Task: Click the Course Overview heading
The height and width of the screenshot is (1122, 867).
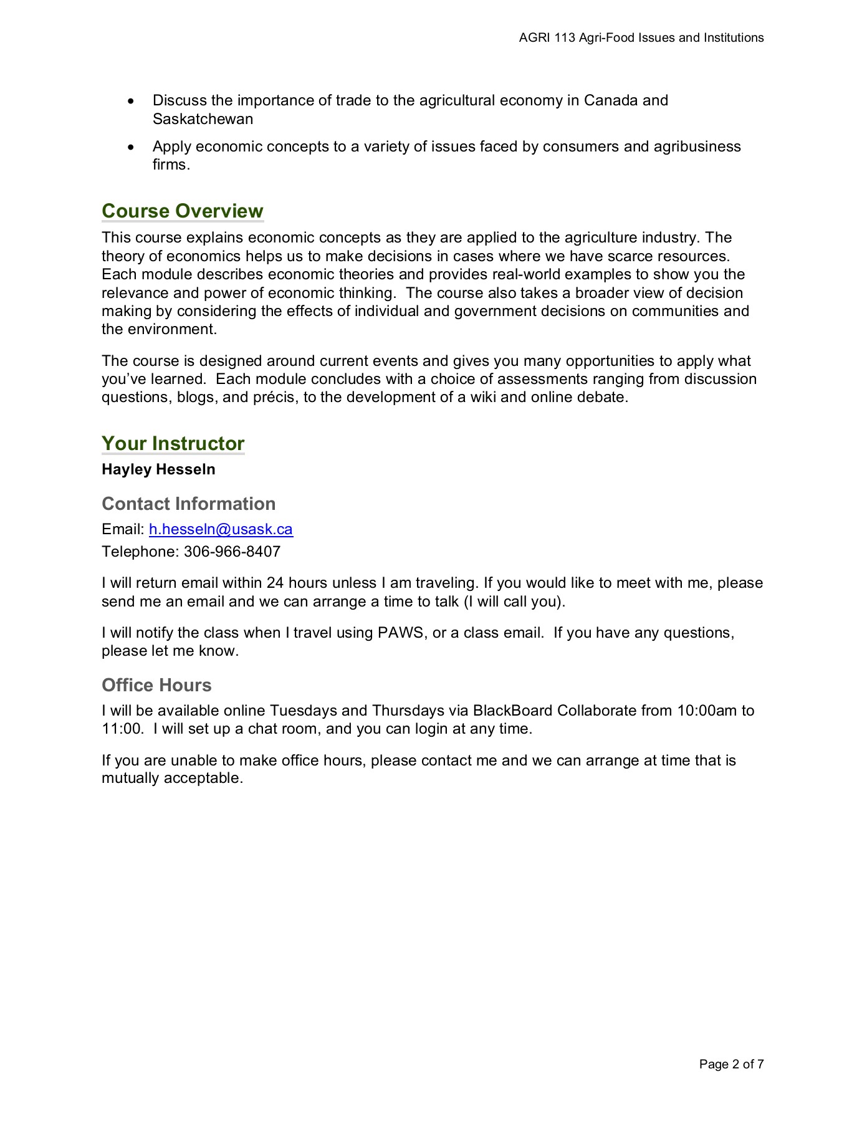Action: pos(182,211)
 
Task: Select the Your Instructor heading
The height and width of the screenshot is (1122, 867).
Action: pos(173,443)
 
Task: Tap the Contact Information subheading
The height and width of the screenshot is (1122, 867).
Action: pos(188,504)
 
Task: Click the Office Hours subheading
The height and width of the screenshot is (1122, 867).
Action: pos(156,685)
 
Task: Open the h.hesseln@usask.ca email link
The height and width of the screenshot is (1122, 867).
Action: pos(221,529)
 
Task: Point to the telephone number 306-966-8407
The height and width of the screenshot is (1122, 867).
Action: pos(232,552)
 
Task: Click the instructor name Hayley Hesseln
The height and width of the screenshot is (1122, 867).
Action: pos(158,469)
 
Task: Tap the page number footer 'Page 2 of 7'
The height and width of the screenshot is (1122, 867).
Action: pos(731,1064)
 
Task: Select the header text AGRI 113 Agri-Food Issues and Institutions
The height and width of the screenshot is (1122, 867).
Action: pos(641,38)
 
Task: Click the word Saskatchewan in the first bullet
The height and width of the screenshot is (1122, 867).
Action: pos(203,119)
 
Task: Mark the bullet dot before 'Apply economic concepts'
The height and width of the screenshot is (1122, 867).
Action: pos(130,147)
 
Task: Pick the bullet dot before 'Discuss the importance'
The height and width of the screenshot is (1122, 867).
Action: pos(130,101)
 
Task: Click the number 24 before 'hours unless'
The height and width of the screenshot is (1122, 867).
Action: pos(275,583)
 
